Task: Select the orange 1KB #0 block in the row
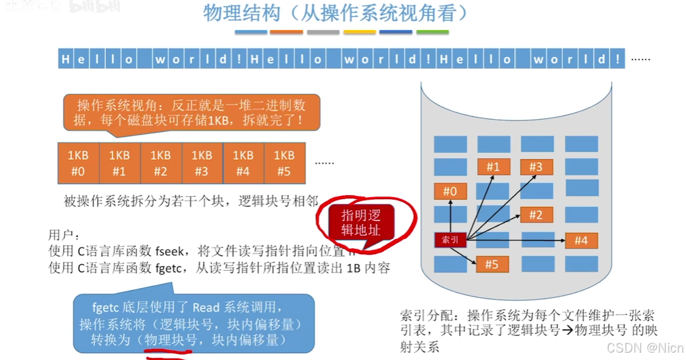[77, 163]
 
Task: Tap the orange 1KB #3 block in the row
[202, 163]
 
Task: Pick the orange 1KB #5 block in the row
[284, 163]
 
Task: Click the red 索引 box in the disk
[450, 240]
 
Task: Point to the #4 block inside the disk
[581, 240]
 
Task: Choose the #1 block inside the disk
[493, 166]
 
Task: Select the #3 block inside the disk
[536, 166]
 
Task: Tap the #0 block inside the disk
[450, 192]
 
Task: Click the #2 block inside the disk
[536, 215]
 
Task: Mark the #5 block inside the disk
[491, 264]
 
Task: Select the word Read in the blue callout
[205, 307]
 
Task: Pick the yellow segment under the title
[360, 32]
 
